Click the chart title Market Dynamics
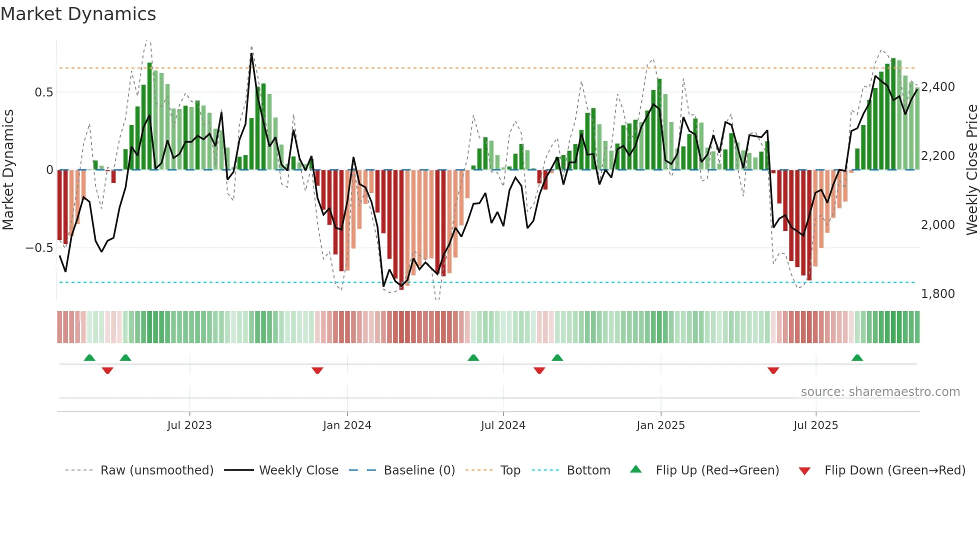coord(78,14)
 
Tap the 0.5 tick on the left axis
coord(43,92)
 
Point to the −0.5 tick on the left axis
coord(39,248)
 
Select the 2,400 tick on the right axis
coord(938,87)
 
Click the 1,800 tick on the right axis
coord(938,294)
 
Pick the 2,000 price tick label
coord(938,225)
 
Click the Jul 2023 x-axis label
coord(189,425)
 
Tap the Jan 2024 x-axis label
coord(347,425)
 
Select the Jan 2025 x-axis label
coord(660,425)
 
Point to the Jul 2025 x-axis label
coord(815,425)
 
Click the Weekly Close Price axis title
coord(971,170)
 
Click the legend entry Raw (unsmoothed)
coord(156,470)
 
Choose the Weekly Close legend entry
coord(298,470)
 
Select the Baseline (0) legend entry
coord(419,470)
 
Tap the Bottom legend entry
coord(588,470)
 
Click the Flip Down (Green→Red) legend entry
coord(894,470)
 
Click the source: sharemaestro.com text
coord(880,392)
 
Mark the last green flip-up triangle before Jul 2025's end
coord(857,357)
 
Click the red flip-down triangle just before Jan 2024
coord(317,370)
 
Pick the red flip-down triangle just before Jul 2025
coord(773,370)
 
